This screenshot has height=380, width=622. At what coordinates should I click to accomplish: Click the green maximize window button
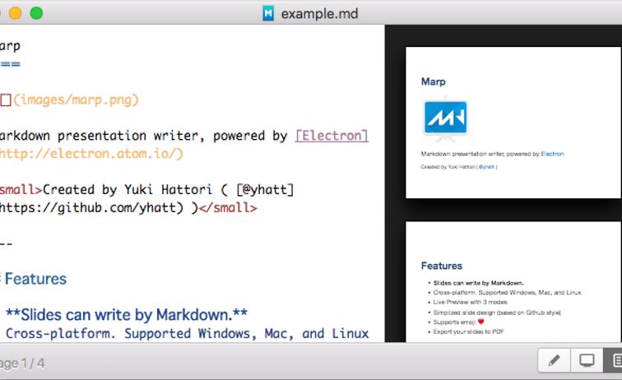(x=36, y=13)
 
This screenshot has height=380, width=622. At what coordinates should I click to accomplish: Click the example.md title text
(x=319, y=13)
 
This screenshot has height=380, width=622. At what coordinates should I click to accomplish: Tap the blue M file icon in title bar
(x=268, y=13)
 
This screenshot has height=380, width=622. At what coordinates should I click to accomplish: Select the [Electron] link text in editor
(x=332, y=136)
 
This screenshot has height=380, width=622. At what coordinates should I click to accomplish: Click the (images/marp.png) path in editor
(x=76, y=100)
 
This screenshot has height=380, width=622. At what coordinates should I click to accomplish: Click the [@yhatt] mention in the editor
(x=264, y=190)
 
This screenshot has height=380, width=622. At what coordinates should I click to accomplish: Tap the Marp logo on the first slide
(x=445, y=118)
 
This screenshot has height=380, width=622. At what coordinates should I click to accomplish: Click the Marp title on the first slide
(x=433, y=81)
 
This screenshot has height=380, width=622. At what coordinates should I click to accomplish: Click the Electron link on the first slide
(x=552, y=154)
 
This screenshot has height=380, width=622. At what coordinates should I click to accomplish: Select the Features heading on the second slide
(x=442, y=266)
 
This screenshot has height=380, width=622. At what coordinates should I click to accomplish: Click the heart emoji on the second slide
(x=481, y=322)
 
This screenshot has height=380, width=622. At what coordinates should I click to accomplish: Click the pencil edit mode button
(x=554, y=360)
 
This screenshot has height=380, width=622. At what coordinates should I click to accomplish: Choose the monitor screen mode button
(x=587, y=360)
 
